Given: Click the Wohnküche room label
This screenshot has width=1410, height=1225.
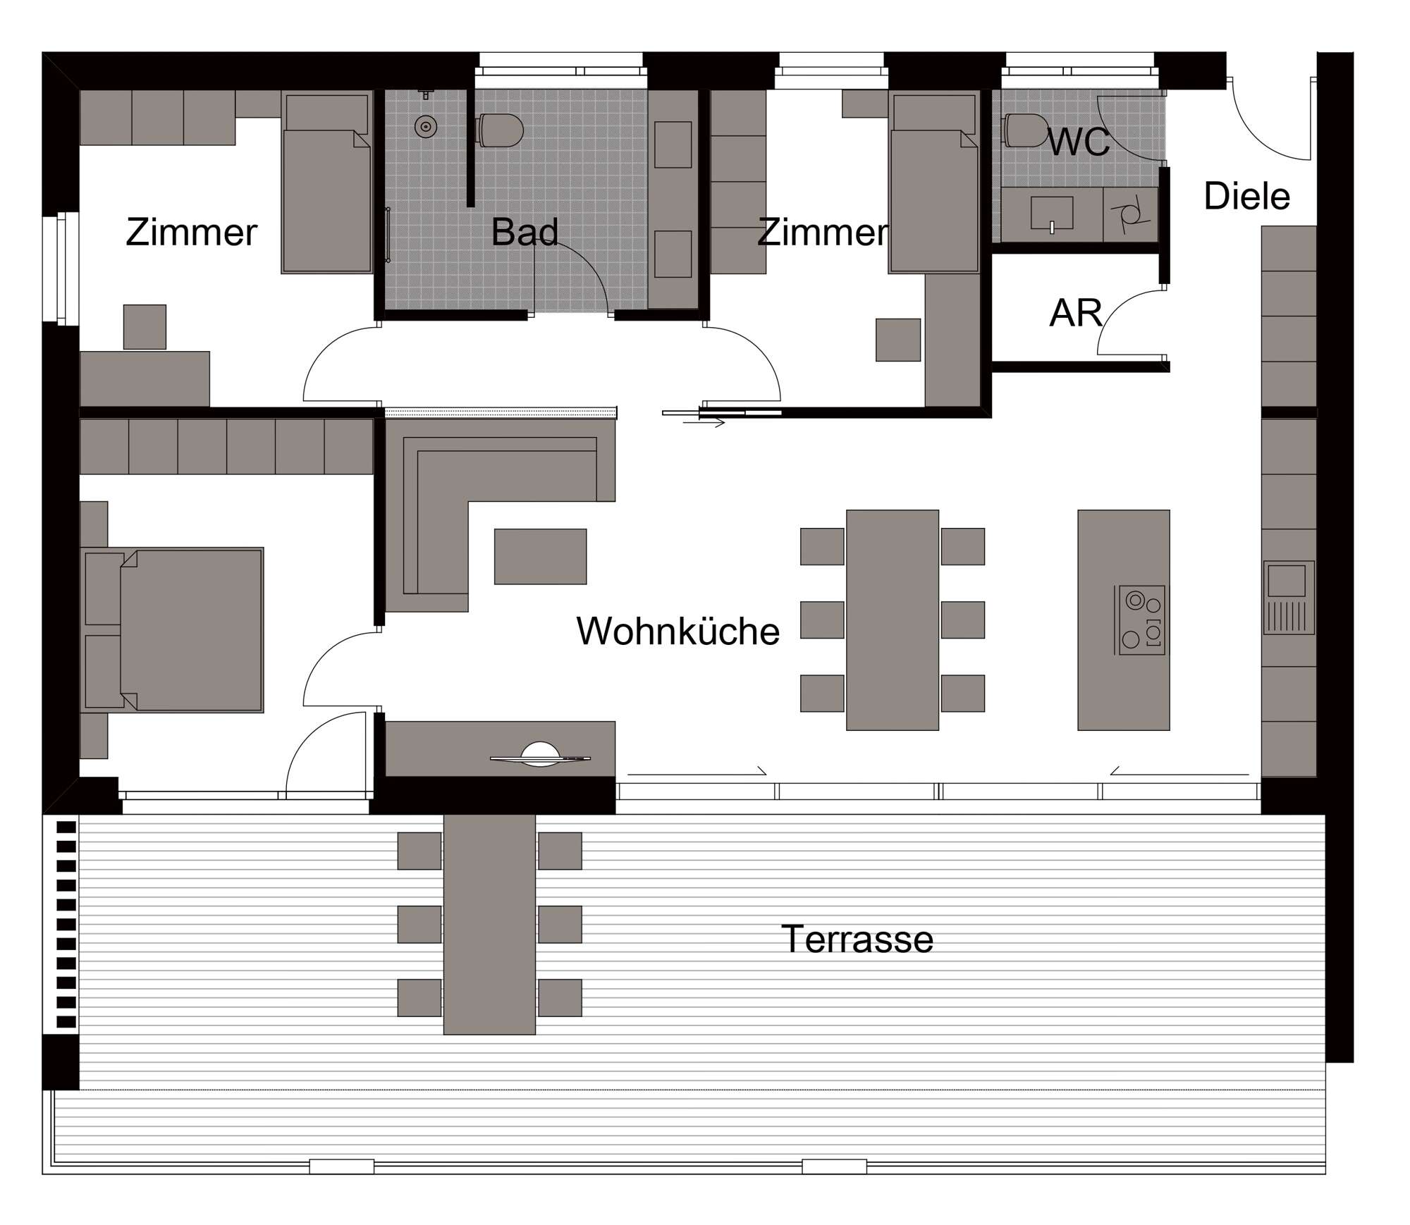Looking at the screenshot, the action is pos(678,631).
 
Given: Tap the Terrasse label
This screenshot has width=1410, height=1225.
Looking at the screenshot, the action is pos(857,939).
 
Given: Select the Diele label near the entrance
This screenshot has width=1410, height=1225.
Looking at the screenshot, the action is pos(1246,196).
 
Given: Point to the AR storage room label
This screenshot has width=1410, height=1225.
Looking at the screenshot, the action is pos(1075,313).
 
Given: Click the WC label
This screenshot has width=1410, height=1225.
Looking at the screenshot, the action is pos(1079,143).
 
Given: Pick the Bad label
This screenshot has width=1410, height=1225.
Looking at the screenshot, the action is pos(525,232).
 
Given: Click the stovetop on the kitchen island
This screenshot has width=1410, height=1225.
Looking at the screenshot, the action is pos(1140,620).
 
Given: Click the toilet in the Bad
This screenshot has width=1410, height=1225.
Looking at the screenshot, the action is pos(500,130).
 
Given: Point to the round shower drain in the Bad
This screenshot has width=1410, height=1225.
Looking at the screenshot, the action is pos(426,127).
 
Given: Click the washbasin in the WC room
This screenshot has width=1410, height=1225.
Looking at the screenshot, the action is pos(1052,214).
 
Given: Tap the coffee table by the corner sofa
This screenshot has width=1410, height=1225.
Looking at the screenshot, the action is pos(540,556).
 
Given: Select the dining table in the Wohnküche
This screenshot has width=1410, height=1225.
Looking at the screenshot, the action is pos(893,620).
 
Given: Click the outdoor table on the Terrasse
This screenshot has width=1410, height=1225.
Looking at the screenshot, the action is pos(489,924).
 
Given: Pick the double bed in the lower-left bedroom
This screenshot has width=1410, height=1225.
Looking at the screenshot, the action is pos(173,629).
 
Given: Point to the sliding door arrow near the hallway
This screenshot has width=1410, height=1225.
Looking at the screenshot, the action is pos(704,423).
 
